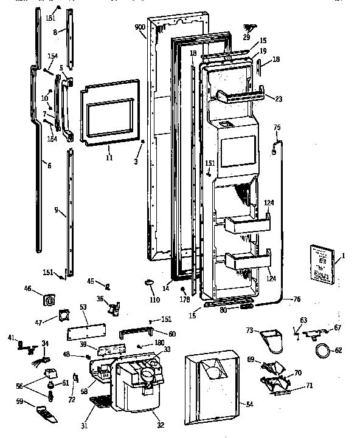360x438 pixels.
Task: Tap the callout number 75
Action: pos(277,128)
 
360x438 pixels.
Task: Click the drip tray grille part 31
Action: pos(101,402)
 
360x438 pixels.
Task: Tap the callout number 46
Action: pos(27,289)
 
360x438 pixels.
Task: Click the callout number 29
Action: pos(246,38)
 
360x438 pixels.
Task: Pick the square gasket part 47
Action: pos(63,315)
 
